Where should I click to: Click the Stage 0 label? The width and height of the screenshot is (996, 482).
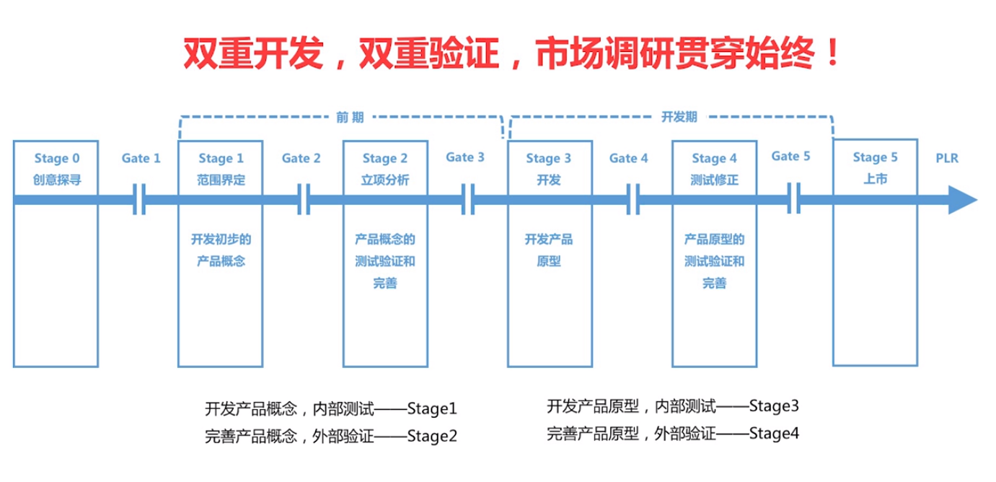(57, 159)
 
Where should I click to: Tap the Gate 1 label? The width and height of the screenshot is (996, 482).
(141, 158)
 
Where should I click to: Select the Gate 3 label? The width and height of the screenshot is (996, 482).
(465, 157)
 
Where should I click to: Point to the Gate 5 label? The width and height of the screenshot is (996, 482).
(790, 157)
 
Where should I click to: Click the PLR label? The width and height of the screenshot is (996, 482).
(947, 158)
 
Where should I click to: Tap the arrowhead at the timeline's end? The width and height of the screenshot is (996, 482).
(963, 200)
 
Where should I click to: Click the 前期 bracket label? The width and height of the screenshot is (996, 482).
(350, 118)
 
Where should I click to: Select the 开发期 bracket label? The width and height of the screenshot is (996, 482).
(679, 117)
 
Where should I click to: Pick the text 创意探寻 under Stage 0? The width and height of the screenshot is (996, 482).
(57, 180)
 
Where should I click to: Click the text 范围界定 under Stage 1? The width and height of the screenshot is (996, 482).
(221, 180)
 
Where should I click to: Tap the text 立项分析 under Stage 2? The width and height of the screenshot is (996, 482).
(385, 180)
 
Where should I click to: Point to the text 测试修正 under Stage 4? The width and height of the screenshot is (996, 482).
(715, 180)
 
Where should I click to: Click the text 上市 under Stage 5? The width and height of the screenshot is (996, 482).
(875, 179)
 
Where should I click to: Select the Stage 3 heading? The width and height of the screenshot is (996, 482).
(549, 159)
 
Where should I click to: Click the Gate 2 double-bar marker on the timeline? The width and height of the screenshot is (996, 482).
(304, 199)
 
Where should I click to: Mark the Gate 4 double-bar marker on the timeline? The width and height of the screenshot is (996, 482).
(633, 199)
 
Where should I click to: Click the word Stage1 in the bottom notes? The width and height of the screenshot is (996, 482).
(432, 409)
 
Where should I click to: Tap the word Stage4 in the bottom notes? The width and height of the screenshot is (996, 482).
(774, 434)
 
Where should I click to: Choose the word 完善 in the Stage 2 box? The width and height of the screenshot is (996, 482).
(385, 284)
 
